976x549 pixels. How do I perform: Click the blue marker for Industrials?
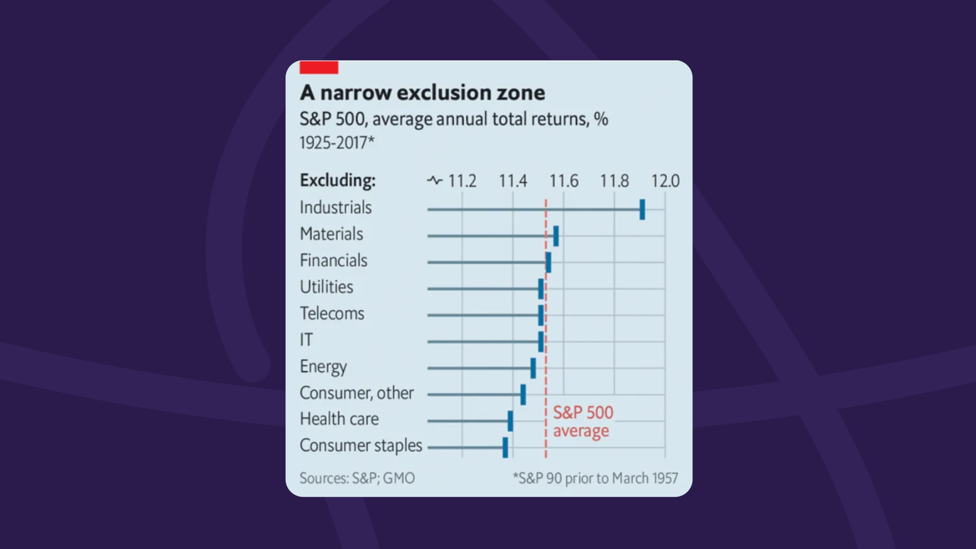click(x=642, y=210)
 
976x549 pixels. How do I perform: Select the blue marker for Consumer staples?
click(x=505, y=447)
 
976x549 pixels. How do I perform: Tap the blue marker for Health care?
click(x=510, y=421)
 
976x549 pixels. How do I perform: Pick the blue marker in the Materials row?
click(x=556, y=236)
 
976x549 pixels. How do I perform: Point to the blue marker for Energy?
click(x=533, y=368)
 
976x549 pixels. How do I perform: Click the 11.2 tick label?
click(x=462, y=181)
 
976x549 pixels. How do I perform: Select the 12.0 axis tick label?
click(x=665, y=181)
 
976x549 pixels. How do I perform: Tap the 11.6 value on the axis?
click(x=564, y=181)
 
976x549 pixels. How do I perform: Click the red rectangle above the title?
click(x=319, y=68)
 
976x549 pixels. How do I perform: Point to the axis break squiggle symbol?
click(x=434, y=181)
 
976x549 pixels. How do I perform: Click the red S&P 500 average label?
click(x=582, y=422)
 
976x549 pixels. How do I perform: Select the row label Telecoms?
click(x=332, y=314)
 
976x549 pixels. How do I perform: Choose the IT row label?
click(x=306, y=340)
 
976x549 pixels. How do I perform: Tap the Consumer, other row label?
click(x=356, y=393)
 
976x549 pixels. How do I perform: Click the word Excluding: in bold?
click(x=337, y=181)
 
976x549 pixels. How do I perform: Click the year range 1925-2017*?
click(x=337, y=142)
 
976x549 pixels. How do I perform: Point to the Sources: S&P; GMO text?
click(x=357, y=478)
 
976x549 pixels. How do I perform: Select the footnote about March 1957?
click(x=595, y=478)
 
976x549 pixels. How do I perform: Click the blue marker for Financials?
click(x=549, y=263)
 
